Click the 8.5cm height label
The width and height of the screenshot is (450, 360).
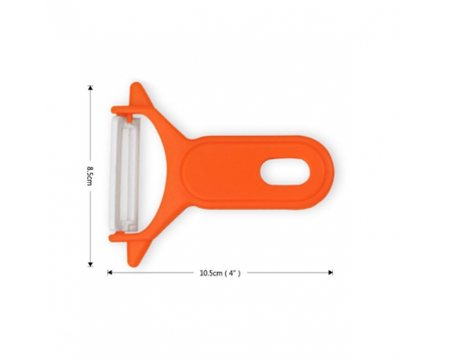click(89, 175)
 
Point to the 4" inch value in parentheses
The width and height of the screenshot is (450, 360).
click(232, 273)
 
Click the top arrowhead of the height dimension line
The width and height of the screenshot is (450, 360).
click(90, 87)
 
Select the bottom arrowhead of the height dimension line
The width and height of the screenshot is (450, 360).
click(90, 264)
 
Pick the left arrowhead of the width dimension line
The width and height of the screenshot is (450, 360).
click(110, 273)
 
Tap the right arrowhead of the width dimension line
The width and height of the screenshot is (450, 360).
click(331, 273)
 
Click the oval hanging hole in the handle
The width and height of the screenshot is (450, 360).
click(285, 171)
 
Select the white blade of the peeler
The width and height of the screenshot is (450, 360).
click(124, 175)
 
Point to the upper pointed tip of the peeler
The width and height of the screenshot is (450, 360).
click(137, 84)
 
